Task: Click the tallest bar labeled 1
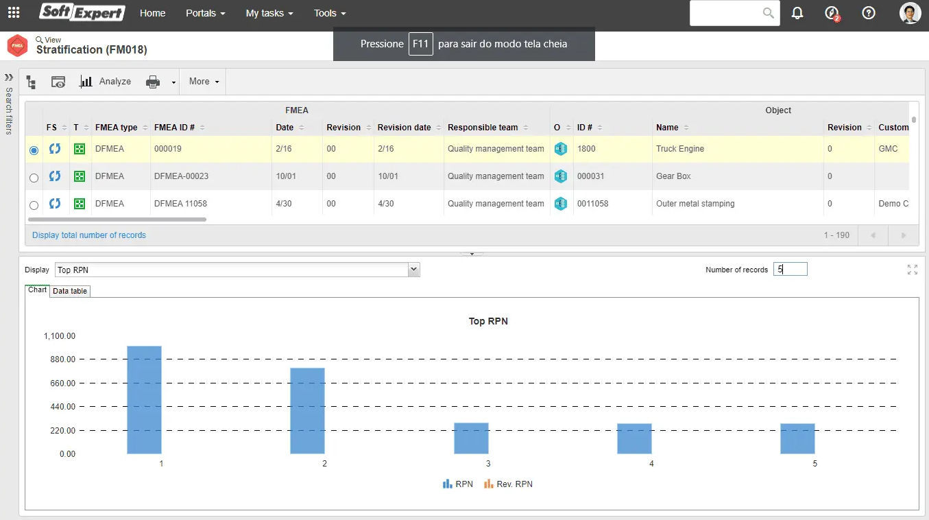point(144,400)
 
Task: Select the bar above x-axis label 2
point(307,411)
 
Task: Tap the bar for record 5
point(797,438)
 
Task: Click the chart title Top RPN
point(488,321)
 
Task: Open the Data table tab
point(70,291)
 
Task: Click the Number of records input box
point(790,270)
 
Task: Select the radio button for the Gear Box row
point(34,178)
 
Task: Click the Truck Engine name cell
point(680,149)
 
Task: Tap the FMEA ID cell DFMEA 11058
point(180,204)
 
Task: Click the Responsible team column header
point(483,128)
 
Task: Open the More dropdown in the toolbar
point(204,82)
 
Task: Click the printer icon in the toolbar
point(153,82)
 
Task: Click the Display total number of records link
point(89,235)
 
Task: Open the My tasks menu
point(269,13)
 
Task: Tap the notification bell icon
point(797,13)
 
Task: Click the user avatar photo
point(910,13)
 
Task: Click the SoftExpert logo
point(82,12)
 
